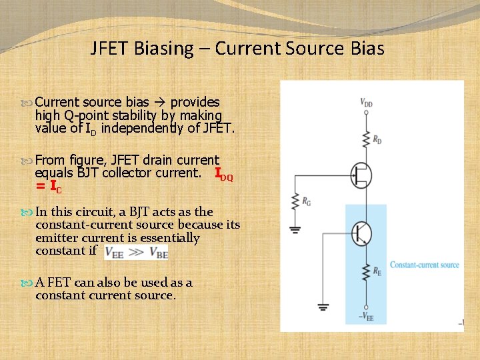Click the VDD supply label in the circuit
[x=367, y=103]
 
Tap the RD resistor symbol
[x=365, y=139]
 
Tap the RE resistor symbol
[x=365, y=272]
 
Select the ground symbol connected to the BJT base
[x=323, y=307]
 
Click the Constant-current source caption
[x=425, y=265]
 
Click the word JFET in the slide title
[x=110, y=49]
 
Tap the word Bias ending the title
[x=368, y=49]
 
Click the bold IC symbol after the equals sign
[x=56, y=189]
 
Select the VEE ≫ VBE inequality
[x=136, y=252]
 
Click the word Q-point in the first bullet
[x=83, y=115]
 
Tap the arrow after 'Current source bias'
[x=161, y=103]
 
